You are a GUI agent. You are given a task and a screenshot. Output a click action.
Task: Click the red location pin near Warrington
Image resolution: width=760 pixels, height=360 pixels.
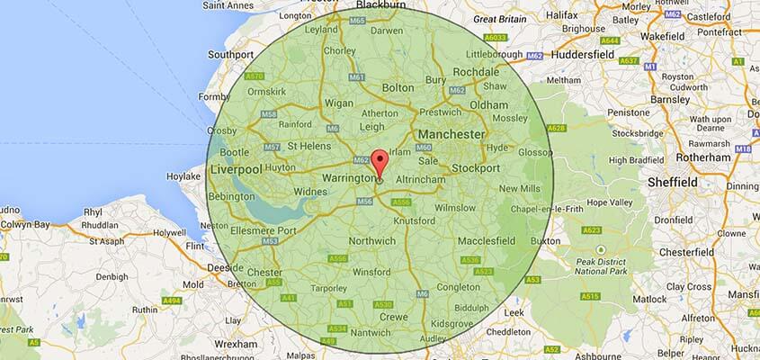point(380,163)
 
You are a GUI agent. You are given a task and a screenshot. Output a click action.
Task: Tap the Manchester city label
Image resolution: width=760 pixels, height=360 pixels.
point(451,134)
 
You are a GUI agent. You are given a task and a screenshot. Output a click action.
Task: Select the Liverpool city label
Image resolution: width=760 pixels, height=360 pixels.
point(236,169)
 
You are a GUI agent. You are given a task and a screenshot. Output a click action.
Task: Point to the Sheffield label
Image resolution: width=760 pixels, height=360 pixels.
point(673,182)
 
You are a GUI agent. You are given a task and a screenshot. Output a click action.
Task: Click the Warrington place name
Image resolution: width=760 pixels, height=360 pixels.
point(347,178)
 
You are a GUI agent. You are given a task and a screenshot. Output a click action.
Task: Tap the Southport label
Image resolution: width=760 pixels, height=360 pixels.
point(230,54)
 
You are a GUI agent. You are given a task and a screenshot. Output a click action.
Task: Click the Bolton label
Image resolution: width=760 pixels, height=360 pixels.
point(398,88)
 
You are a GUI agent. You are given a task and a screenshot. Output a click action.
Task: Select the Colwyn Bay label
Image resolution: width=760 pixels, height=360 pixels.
point(23,225)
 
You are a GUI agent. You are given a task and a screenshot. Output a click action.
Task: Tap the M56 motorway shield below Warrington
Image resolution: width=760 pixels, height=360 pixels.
point(364,202)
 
